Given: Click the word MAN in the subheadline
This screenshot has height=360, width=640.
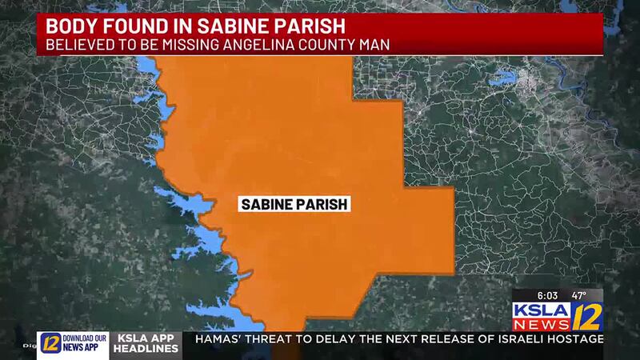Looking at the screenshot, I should point(374,45).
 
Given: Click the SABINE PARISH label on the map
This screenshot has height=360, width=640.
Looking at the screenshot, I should point(294,204).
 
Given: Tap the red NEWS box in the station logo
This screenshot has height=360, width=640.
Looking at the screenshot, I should point(541,325).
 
